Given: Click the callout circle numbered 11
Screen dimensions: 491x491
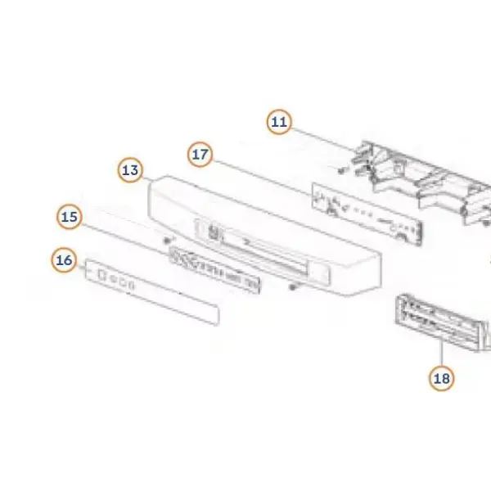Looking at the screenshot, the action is pyautogui.click(x=279, y=122).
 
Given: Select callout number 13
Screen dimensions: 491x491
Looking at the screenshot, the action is pyautogui.click(x=130, y=170).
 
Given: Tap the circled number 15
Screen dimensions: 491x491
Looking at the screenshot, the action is pyautogui.click(x=70, y=217).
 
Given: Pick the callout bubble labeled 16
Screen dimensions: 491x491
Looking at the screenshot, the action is pyautogui.click(x=64, y=260).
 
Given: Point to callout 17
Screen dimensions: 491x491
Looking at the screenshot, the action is pyautogui.click(x=200, y=154).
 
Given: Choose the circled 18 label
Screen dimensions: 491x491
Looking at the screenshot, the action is pyautogui.click(x=442, y=378).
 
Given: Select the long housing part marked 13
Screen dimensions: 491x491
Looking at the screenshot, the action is pyautogui.click(x=264, y=236).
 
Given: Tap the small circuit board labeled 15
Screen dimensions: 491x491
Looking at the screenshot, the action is pyautogui.click(x=214, y=270).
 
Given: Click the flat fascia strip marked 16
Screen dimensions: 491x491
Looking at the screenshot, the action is pyautogui.click(x=152, y=292).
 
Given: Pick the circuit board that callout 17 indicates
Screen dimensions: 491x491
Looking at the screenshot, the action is pyautogui.click(x=367, y=214).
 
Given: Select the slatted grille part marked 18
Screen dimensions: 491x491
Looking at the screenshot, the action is pyautogui.click(x=439, y=322).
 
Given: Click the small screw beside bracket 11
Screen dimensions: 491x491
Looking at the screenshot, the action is pyautogui.click(x=341, y=170).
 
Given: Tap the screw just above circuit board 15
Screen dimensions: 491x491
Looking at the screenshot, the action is pyautogui.click(x=168, y=240).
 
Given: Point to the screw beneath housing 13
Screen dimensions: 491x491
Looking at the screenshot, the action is pyautogui.click(x=293, y=286).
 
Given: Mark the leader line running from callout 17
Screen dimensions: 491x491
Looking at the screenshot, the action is pyautogui.click(x=263, y=178).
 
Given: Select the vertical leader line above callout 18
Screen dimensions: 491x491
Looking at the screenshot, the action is pyautogui.click(x=442, y=353).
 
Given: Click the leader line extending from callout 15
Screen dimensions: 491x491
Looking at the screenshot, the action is pyautogui.click(x=125, y=239).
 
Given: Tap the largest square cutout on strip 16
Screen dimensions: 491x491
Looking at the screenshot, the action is pyautogui.click(x=101, y=275).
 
